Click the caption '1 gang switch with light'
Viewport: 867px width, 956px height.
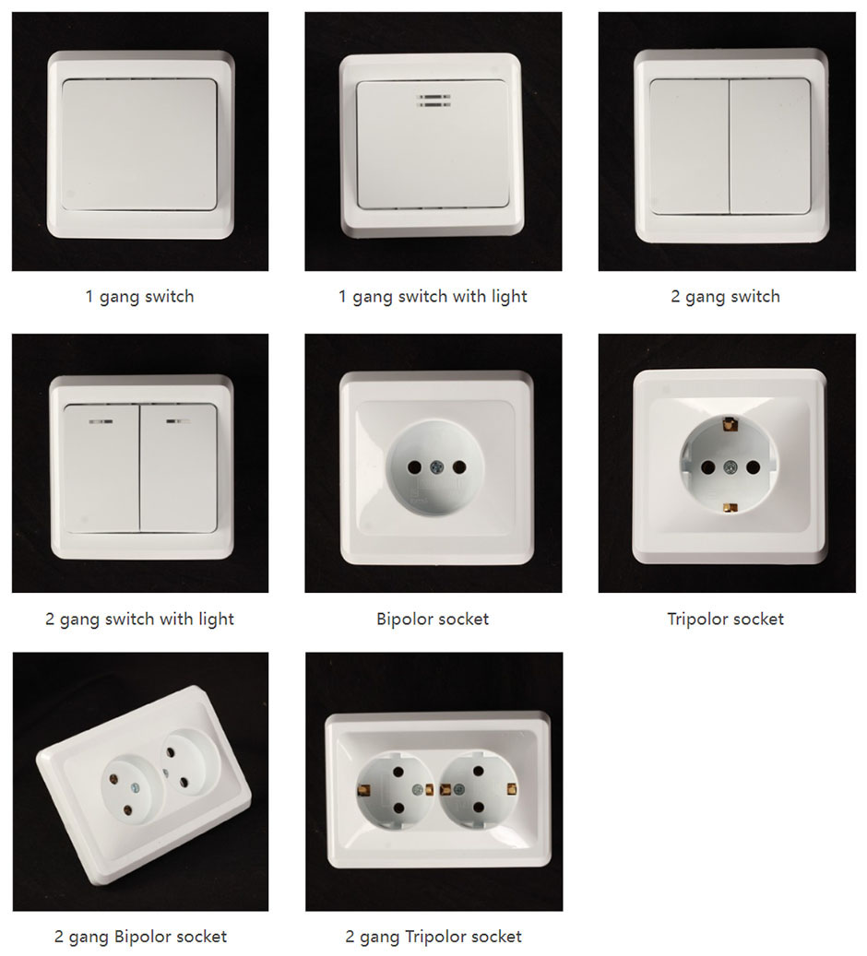coord(433,297)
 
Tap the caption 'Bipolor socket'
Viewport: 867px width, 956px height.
coord(433,620)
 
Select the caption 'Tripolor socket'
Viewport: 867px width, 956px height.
coord(726,620)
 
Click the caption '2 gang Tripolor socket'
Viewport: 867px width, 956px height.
coord(433,937)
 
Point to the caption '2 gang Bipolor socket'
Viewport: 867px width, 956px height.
coord(140,937)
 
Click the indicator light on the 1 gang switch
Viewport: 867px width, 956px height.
coord(433,100)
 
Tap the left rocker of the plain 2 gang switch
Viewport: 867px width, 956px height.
coord(689,147)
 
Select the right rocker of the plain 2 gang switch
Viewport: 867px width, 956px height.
coord(770,147)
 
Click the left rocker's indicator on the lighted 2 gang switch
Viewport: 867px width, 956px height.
coord(101,421)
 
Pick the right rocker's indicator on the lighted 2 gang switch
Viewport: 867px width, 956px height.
coord(177,420)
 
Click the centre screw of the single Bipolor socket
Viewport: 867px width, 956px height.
coord(435,467)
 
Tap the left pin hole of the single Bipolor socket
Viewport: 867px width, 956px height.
coord(414,468)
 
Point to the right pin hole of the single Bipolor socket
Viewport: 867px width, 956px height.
coord(458,467)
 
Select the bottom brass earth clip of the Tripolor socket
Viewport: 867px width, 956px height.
coord(730,507)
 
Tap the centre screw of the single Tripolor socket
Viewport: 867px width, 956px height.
coord(730,467)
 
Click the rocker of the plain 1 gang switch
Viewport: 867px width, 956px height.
coord(139,145)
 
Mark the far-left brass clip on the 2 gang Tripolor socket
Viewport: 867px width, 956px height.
coord(364,790)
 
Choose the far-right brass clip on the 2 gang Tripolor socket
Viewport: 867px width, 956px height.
coord(511,788)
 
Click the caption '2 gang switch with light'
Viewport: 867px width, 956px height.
coord(139,620)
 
